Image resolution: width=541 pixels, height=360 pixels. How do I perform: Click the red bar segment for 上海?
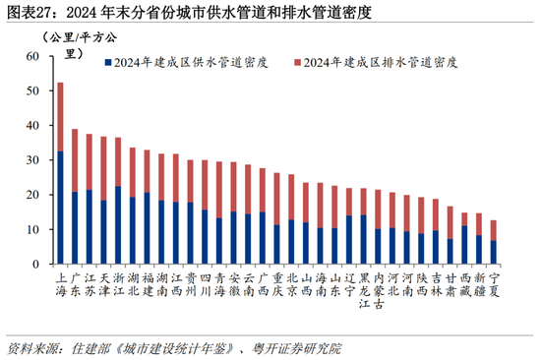(60, 117)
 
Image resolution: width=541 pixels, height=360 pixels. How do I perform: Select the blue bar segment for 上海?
(60, 208)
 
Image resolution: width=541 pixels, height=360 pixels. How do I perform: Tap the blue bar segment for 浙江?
(118, 225)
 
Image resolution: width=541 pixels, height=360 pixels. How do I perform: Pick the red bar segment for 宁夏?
(494, 230)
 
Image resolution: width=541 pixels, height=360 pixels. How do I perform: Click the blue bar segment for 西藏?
(464, 245)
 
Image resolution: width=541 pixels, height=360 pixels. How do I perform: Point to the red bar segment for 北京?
(291, 197)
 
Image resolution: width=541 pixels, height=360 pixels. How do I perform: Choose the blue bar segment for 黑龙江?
(363, 240)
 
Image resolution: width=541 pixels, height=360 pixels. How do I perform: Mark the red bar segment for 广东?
(75, 160)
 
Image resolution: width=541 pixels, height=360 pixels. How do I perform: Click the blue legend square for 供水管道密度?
(108, 63)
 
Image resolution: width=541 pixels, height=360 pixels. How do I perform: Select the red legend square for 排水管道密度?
(297, 63)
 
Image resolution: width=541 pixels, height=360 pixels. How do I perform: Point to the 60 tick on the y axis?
(52, 55)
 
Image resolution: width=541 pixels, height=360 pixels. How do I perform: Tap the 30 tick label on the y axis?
(32, 160)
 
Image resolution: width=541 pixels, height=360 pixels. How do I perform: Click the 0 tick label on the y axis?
(35, 265)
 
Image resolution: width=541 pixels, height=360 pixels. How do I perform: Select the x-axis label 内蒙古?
(379, 290)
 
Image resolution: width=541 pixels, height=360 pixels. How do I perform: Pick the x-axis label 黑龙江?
(364, 290)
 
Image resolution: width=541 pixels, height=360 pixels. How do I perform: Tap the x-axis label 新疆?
(479, 284)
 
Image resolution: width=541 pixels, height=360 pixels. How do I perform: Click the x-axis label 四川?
(206, 284)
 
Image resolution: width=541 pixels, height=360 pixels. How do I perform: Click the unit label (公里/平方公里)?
(80, 45)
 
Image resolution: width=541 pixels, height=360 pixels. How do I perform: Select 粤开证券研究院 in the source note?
(296, 348)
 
